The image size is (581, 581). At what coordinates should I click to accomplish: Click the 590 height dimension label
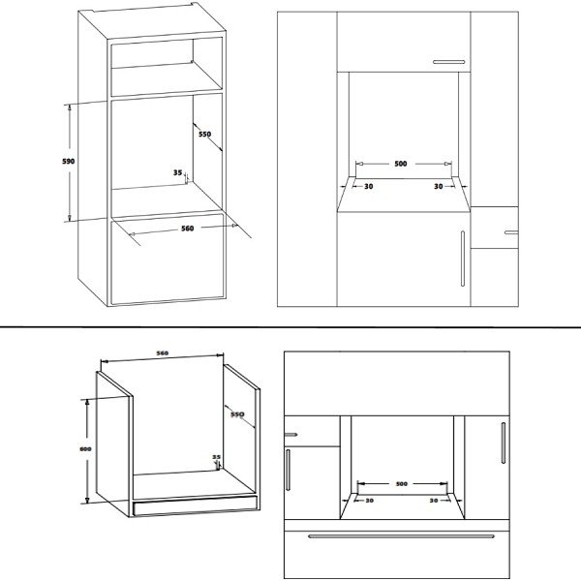pyautogui.click(x=68, y=161)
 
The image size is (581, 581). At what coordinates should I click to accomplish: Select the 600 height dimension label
pyautogui.click(x=85, y=449)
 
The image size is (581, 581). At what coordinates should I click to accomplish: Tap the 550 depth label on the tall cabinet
pyautogui.click(x=205, y=134)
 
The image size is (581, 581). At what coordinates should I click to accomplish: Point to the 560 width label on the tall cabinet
pyautogui.click(x=188, y=229)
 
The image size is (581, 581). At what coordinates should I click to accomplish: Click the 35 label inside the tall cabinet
pyautogui.click(x=178, y=172)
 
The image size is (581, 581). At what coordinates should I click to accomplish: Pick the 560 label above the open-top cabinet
pyautogui.click(x=163, y=353)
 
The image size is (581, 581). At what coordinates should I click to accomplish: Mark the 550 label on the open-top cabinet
pyautogui.click(x=237, y=413)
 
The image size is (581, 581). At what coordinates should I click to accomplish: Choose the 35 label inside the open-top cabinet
pyautogui.click(x=216, y=457)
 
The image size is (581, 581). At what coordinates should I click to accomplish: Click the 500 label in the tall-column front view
pyautogui.click(x=401, y=164)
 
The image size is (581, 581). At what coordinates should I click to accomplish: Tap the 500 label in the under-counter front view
pyautogui.click(x=402, y=483)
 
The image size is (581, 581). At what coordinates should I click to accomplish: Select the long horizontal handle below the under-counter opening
pyautogui.click(x=401, y=535)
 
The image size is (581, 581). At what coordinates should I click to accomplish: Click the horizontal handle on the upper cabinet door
pyautogui.click(x=448, y=62)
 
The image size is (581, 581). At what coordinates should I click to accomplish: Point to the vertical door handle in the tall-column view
pyautogui.click(x=463, y=259)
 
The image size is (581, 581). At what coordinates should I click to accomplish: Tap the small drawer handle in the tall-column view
pyautogui.click(x=511, y=232)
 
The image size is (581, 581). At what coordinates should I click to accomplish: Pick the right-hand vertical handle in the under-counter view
pyautogui.click(x=504, y=443)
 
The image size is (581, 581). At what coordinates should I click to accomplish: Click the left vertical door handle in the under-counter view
pyautogui.click(x=288, y=470)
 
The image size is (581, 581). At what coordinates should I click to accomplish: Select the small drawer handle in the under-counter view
pyautogui.click(x=290, y=434)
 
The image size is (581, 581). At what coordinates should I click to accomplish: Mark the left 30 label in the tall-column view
pyautogui.click(x=368, y=186)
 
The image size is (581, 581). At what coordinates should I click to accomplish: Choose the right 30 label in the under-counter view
pyautogui.click(x=434, y=501)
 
